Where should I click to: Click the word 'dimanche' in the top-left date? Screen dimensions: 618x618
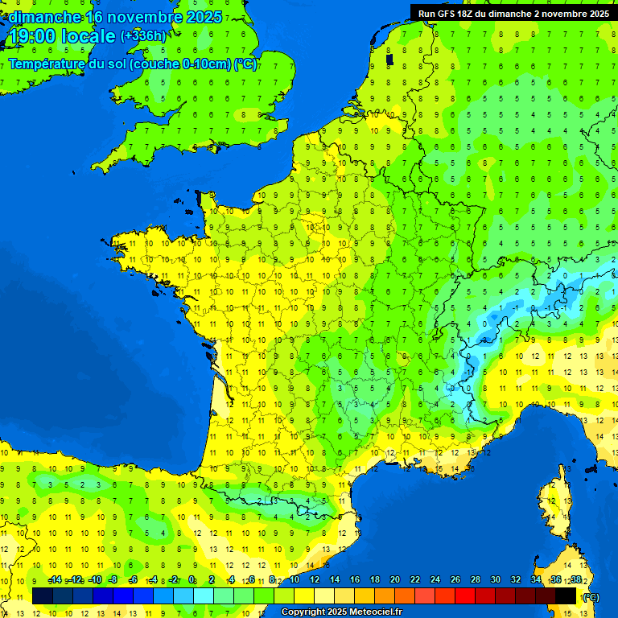coord(44,16)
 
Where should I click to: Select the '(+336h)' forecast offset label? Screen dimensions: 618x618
coord(143,35)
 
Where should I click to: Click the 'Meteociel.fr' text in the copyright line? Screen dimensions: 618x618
coord(375,612)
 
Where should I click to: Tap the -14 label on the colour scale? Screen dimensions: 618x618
coord(55,579)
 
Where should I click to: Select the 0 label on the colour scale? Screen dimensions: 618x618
coord(192,579)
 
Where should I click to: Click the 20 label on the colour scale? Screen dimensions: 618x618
coord(394,579)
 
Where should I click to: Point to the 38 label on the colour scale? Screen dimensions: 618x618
coord(576,579)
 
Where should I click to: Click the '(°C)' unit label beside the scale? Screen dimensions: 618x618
coord(591,596)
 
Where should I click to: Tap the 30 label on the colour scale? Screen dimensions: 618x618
coord(495,579)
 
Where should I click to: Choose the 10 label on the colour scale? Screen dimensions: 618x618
coord(294,579)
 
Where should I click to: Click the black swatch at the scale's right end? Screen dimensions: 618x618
coord(566,595)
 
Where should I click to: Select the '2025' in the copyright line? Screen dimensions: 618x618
coord(336,612)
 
